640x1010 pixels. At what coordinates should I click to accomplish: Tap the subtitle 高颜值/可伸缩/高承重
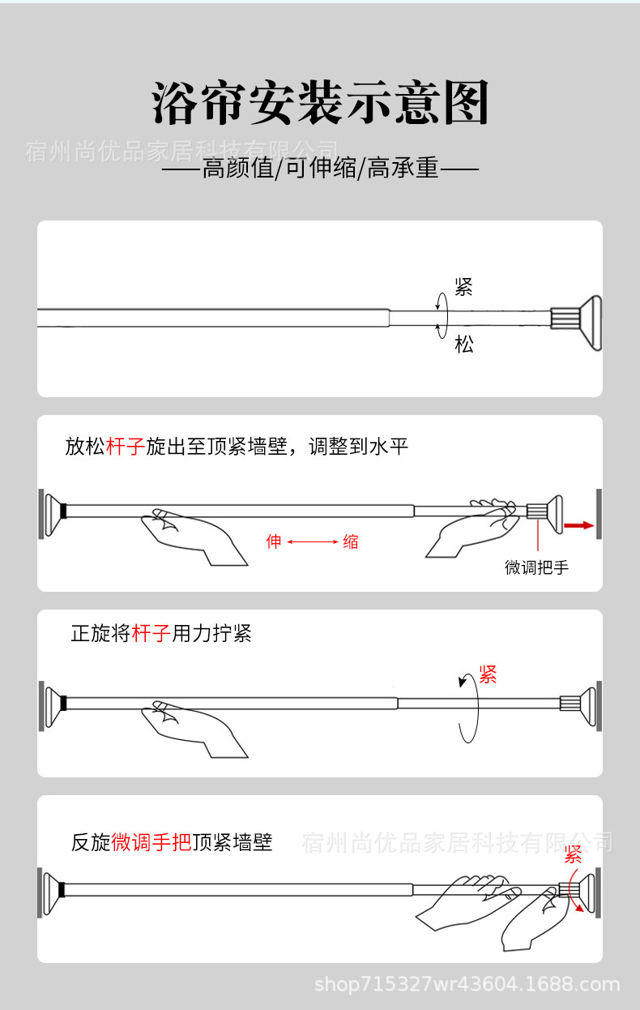point(320,169)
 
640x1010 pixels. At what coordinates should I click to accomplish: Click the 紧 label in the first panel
point(463,287)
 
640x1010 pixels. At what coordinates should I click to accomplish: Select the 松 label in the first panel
point(463,345)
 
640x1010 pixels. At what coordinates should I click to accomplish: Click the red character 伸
point(274,541)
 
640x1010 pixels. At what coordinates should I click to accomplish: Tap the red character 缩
point(350,541)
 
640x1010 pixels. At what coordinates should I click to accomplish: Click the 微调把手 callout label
point(536,567)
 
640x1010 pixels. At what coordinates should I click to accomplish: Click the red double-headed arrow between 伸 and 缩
point(312,541)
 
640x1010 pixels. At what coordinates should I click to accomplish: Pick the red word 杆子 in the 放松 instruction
point(126,447)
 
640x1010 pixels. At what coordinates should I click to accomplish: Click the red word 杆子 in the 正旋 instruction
point(151,633)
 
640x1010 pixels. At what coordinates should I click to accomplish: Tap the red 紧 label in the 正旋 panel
point(487,674)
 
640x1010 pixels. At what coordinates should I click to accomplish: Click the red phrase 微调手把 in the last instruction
point(151,842)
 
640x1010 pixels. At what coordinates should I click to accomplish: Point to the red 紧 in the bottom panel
point(573,854)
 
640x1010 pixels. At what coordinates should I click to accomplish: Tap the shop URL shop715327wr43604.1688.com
point(467,986)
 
